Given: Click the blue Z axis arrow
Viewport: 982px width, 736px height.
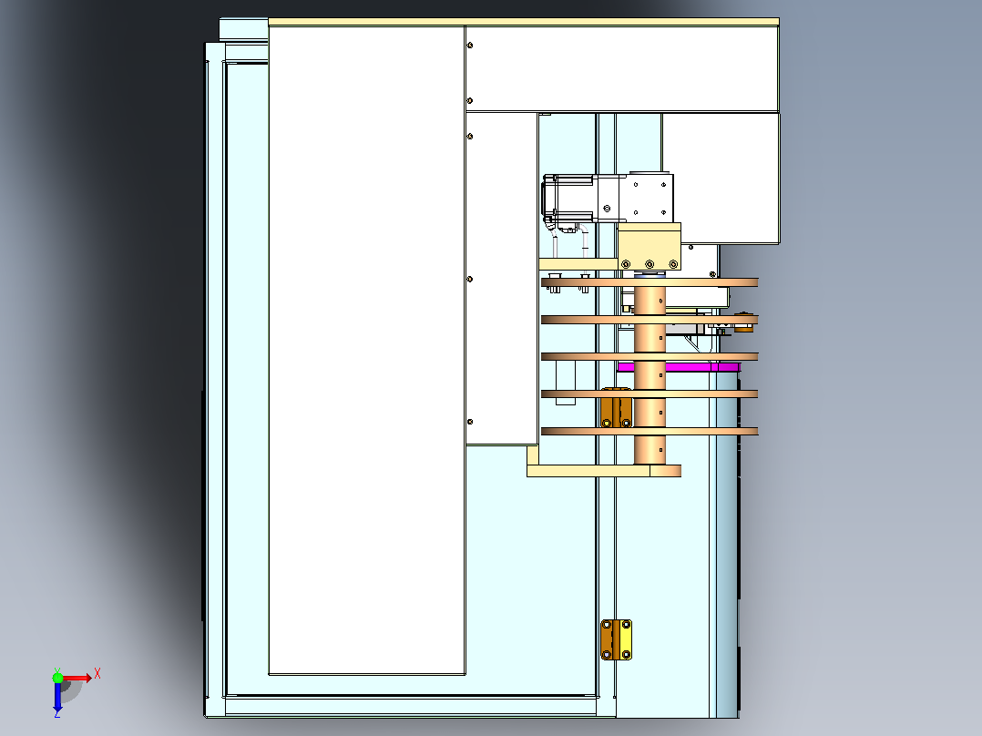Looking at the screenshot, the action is point(57,697).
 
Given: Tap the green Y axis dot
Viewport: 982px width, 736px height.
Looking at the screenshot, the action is point(57,678).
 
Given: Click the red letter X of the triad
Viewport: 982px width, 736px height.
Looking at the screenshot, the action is point(97,674).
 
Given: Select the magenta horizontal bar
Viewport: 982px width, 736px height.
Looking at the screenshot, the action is point(679,367).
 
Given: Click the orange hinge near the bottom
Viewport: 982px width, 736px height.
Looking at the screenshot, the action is point(616,639).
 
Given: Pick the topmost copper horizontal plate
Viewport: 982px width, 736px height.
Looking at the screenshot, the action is point(650,282).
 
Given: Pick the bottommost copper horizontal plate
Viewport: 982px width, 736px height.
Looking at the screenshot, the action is point(650,431).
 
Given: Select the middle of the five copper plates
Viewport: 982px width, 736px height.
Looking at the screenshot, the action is point(650,356).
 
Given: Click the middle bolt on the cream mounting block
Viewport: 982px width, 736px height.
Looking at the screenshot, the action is point(650,264).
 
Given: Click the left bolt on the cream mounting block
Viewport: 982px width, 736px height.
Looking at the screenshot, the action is point(626,264).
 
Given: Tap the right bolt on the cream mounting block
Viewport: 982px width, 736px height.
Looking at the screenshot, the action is point(673,264).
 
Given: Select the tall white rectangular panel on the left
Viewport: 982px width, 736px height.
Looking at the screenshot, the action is point(367,350).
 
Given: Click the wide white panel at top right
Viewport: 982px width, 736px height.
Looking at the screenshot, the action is point(622,69).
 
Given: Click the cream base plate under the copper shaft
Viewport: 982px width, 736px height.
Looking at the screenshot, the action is point(604,470).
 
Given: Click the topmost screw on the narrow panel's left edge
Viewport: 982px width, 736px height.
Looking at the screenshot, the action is point(470,46).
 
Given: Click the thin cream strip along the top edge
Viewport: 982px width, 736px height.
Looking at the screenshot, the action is point(524,22).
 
